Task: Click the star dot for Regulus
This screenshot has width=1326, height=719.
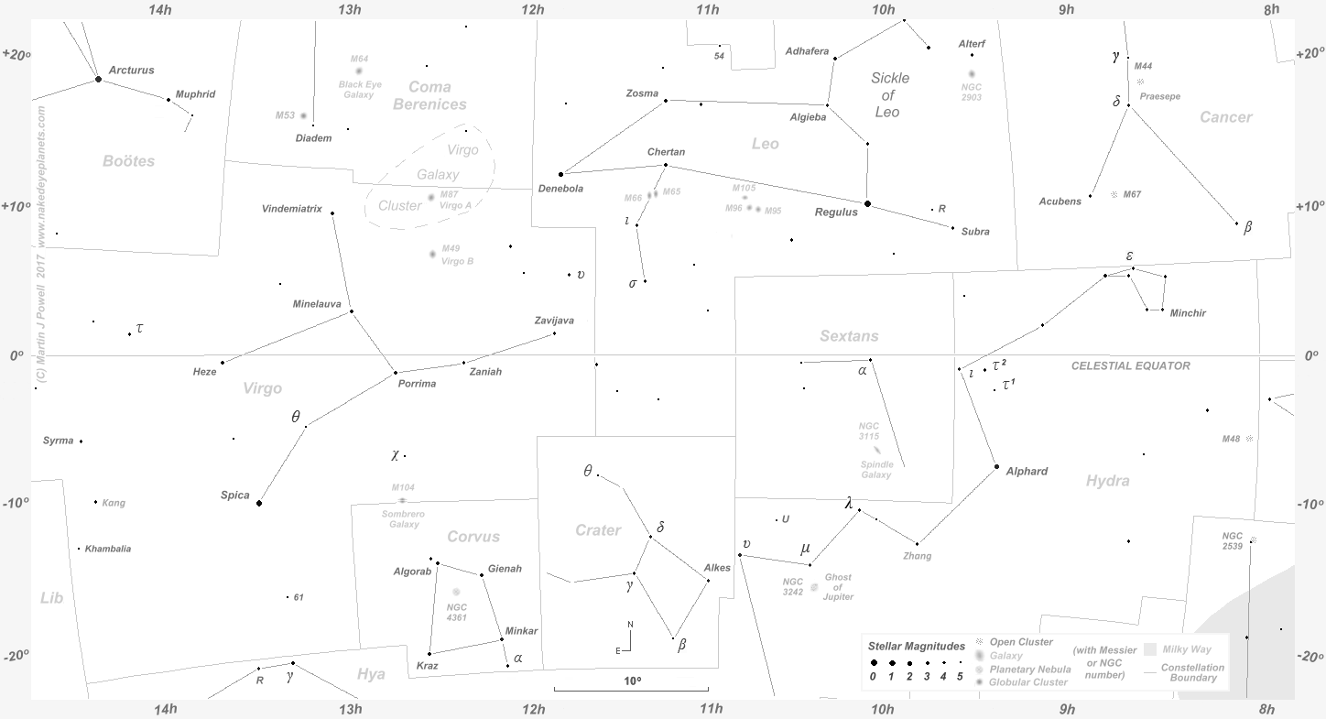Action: pyautogui.click(x=867, y=203)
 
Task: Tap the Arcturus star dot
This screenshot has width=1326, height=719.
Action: pyautogui.click(x=98, y=80)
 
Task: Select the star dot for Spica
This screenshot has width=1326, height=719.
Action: pyautogui.click(x=259, y=503)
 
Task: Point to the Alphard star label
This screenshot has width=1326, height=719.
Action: pyautogui.click(x=1027, y=472)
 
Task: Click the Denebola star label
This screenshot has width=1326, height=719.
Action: pyautogui.click(x=559, y=189)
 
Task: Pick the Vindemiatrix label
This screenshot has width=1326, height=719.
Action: pyautogui.click(x=292, y=209)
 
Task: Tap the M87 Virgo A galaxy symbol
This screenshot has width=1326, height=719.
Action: pyautogui.click(x=431, y=197)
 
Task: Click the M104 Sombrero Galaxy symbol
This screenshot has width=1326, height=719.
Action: pyautogui.click(x=402, y=500)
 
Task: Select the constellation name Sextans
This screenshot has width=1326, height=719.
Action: pyautogui.click(x=849, y=336)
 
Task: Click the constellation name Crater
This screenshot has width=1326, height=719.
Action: pyautogui.click(x=598, y=530)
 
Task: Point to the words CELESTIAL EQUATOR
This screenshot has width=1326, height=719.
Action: pyautogui.click(x=1131, y=365)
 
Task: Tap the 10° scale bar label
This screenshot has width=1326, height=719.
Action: pyautogui.click(x=632, y=681)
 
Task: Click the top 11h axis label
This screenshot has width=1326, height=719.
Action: pyautogui.click(x=707, y=10)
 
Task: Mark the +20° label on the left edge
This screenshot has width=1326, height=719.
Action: pyautogui.click(x=16, y=54)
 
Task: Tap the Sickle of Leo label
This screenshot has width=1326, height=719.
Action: pyautogui.click(x=888, y=95)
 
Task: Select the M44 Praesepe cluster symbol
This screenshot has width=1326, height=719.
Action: pyautogui.click(x=1140, y=82)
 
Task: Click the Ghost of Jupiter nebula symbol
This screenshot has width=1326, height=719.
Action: pyautogui.click(x=814, y=587)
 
